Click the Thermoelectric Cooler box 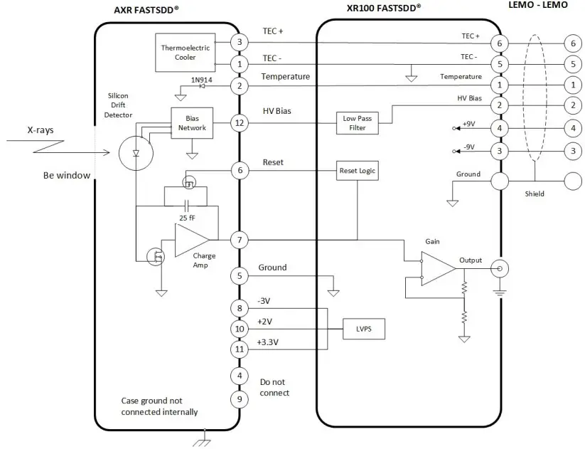click(185, 53)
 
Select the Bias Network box click(191, 123)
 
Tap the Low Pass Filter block click(358, 122)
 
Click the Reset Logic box click(358, 171)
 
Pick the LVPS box click(363, 329)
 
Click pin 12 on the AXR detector click(240, 123)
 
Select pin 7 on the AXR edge click(240, 240)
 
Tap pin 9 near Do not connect click(240, 398)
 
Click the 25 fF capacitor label click(188, 217)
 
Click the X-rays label click(41, 130)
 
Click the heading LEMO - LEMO click(538, 5)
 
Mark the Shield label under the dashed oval click(535, 194)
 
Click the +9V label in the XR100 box click(468, 124)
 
